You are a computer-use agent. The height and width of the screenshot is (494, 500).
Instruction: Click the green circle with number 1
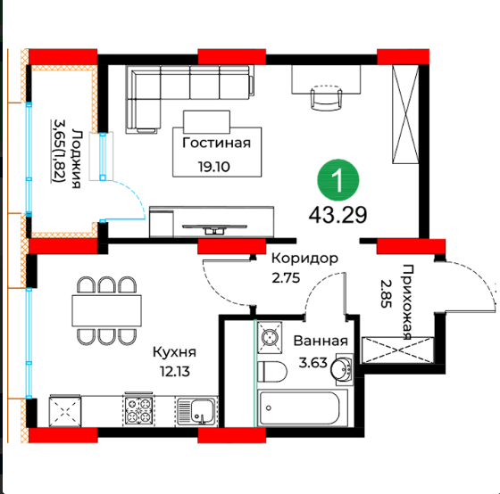(x=338, y=181)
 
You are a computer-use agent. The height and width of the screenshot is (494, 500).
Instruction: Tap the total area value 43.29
(x=337, y=215)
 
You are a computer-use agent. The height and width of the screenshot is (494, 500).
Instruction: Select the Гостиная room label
(x=216, y=143)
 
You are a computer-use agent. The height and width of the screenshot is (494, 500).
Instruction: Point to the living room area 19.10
(x=214, y=167)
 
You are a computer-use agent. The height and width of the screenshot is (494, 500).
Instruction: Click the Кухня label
(x=174, y=352)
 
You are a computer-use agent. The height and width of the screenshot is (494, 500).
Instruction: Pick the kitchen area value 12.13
(x=175, y=371)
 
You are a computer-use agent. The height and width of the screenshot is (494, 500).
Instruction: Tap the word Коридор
(x=304, y=259)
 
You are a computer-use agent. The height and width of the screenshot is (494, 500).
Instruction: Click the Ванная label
(x=321, y=341)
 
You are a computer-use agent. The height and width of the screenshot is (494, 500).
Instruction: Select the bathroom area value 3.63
(x=312, y=362)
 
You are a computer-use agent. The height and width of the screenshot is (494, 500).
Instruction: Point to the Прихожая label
(x=407, y=302)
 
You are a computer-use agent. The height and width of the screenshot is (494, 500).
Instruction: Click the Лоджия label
(x=76, y=159)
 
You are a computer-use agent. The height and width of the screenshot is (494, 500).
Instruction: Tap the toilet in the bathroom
(x=272, y=371)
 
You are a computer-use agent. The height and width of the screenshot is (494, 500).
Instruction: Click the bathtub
(x=303, y=408)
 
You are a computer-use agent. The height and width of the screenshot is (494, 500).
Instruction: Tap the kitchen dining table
(x=107, y=310)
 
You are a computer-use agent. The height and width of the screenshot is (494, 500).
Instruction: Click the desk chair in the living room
(x=326, y=97)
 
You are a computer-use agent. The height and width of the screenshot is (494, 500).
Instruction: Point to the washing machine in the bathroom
(x=270, y=338)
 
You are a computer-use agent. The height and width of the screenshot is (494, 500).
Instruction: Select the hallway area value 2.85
(x=386, y=293)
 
